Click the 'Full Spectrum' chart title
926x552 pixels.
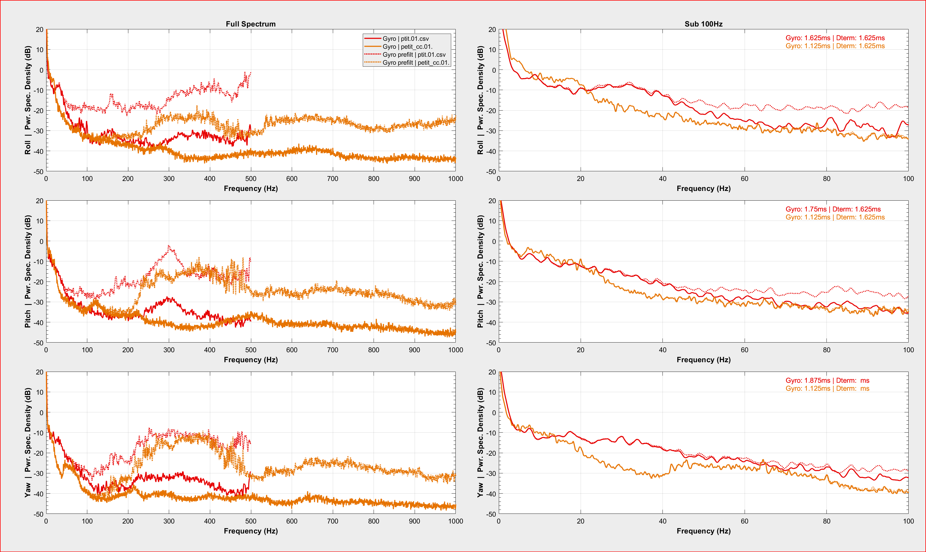(x=250, y=24)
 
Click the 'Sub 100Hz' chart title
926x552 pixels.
(x=704, y=24)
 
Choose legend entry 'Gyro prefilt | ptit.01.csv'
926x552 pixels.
(x=414, y=55)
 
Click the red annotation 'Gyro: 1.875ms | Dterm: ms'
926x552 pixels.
(x=827, y=380)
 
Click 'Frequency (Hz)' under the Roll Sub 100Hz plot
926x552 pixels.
(x=704, y=189)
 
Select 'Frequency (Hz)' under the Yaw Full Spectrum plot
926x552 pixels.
(x=250, y=531)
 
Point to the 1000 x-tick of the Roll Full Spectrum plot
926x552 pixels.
(x=455, y=179)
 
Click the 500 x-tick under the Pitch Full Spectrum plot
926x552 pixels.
(x=250, y=350)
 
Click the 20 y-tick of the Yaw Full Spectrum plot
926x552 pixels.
(x=39, y=372)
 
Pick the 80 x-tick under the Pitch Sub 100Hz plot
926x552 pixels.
(x=826, y=350)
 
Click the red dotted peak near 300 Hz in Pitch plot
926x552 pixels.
(x=169, y=246)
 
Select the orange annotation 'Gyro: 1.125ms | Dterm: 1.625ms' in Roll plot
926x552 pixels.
(x=835, y=46)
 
